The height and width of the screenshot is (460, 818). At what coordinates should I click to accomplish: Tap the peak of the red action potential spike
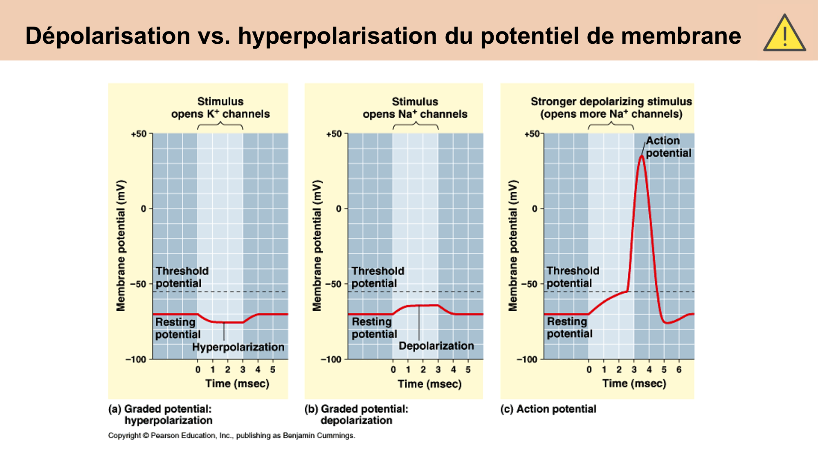point(641,156)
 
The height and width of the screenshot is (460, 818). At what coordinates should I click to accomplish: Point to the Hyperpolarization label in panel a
point(238,347)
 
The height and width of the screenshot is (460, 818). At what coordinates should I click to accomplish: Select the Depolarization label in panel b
point(436,346)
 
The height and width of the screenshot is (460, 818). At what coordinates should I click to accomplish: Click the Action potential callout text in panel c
point(668,147)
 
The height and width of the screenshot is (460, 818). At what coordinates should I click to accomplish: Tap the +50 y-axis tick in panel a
point(138,134)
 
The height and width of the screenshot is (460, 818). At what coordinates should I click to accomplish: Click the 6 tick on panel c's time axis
point(679,370)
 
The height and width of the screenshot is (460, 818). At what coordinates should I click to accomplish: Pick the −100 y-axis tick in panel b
point(331,360)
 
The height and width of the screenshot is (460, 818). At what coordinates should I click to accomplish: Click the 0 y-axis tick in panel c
point(535,209)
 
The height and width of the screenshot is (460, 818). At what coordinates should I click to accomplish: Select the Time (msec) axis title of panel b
point(429,384)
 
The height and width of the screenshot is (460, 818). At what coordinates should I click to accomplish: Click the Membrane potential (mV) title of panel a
point(121,245)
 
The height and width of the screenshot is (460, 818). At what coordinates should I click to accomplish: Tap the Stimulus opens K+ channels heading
point(220,108)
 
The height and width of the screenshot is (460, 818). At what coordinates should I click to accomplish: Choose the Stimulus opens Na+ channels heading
point(415,108)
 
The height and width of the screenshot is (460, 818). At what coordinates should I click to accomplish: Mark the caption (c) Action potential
point(548,409)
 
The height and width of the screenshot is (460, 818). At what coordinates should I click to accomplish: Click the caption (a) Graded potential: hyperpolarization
point(160,415)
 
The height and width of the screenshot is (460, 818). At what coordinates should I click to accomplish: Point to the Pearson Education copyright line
point(231,435)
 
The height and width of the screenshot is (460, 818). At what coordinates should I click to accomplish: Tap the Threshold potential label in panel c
point(572,277)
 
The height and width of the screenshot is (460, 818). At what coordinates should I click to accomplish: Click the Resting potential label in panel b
point(374,328)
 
